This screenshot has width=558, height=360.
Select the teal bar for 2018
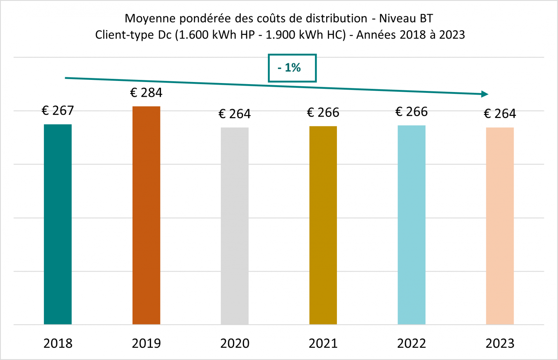[x=58, y=224]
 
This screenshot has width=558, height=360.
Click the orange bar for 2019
[x=146, y=215]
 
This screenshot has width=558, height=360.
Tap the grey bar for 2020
[x=235, y=226]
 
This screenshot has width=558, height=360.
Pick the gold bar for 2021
[x=323, y=225]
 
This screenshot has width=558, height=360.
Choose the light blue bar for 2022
[x=412, y=225]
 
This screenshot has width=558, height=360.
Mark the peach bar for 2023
[x=500, y=226]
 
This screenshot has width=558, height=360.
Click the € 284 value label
[x=146, y=93]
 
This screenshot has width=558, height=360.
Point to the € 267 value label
[x=58, y=111]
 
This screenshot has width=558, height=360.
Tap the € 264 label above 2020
[x=235, y=114]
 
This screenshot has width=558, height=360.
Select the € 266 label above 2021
[x=323, y=113]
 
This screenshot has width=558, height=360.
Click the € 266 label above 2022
[x=412, y=112]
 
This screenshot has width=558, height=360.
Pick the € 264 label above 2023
[x=500, y=114]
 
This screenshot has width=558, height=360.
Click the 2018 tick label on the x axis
[x=58, y=343]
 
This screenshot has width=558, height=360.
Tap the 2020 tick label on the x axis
[x=235, y=343]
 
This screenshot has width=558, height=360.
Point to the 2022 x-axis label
[x=412, y=343]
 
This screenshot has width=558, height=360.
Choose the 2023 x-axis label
[x=500, y=343]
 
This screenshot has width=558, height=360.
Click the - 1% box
[x=292, y=68]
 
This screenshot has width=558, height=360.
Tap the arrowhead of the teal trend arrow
[x=485, y=94]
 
